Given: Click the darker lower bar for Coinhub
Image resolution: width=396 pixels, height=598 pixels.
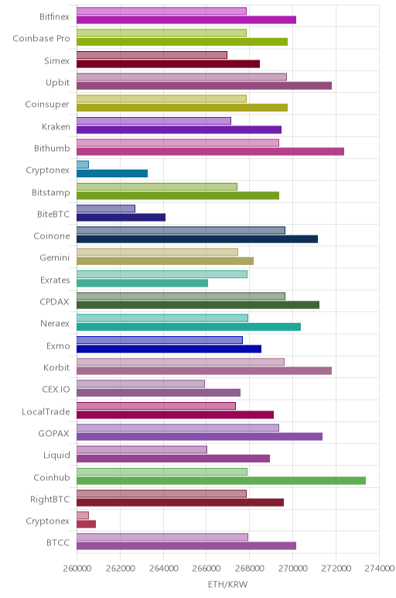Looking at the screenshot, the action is [221, 480].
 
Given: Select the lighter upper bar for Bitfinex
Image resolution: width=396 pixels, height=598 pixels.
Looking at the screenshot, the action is [162, 11].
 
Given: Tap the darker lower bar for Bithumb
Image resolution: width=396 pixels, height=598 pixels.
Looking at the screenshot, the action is [210, 151].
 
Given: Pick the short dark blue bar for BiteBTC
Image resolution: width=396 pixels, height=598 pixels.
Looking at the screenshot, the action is [121, 218].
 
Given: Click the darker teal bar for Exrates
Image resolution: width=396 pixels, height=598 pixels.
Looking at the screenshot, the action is [142, 283].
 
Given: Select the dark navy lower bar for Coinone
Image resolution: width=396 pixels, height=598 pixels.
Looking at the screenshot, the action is [197, 239].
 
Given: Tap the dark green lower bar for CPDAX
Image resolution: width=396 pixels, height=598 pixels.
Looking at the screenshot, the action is [198, 304].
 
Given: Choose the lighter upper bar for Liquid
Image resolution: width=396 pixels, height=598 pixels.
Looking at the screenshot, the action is [142, 449].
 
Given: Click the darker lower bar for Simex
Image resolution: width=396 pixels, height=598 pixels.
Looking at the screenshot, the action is [168, 64].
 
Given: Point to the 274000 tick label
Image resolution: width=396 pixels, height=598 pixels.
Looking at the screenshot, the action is [379, 569].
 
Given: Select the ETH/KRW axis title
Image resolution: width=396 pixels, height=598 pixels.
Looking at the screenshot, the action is [227, 584].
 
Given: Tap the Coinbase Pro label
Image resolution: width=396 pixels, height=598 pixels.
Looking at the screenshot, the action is [42, 39].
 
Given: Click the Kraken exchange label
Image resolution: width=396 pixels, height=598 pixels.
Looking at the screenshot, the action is [56, 126].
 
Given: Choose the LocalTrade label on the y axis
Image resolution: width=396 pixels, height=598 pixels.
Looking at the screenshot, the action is [46, 412].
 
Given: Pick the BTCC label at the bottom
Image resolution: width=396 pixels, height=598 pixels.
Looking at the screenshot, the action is [58, 543].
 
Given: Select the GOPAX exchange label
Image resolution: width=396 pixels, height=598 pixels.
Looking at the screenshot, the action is [54, 434].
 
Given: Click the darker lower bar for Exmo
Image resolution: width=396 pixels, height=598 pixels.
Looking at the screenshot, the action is [169, 349].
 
